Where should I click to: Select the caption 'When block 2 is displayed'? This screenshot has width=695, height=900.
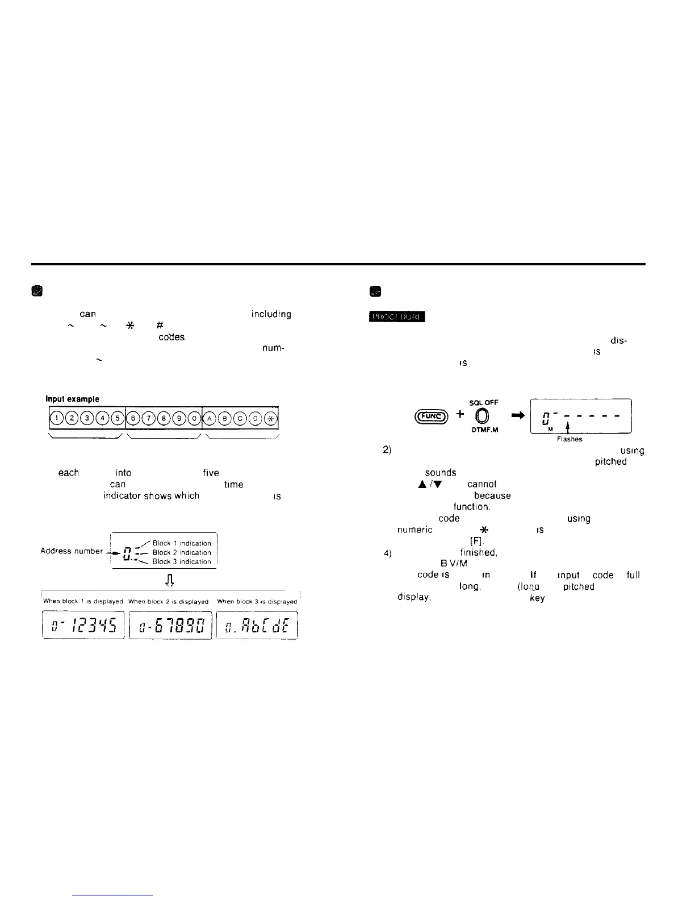point(170,602)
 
